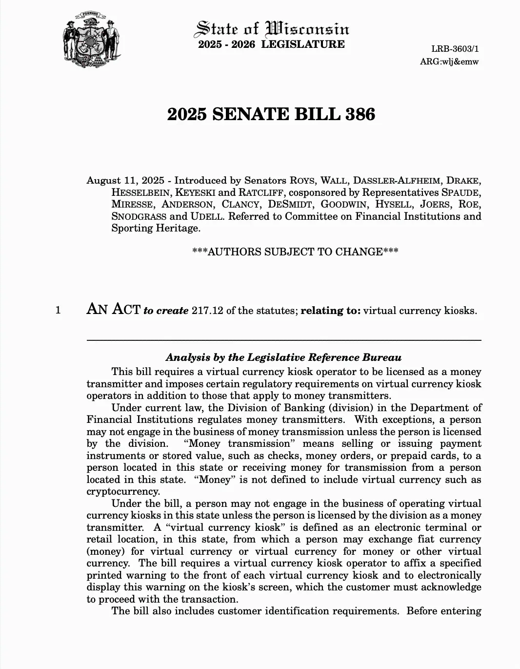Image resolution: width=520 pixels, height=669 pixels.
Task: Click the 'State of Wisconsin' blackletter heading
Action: [x=272, y=29]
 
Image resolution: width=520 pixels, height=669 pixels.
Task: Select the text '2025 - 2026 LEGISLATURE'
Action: [x=271, y=44]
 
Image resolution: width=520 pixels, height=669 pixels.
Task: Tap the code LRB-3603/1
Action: [x=455, y=49]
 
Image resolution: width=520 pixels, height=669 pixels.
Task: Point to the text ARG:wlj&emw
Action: [x=449, y=62]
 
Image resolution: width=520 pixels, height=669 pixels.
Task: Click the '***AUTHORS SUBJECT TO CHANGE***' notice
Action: [x=295, y=252]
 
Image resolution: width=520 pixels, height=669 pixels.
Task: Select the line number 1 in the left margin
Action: [x=59, y=310]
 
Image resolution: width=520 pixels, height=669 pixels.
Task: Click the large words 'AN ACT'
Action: [x=113, y=309]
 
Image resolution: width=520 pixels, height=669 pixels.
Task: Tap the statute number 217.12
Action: [x=207, y=311]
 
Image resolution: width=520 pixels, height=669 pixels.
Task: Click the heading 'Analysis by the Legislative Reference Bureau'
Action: [x=283, y=357]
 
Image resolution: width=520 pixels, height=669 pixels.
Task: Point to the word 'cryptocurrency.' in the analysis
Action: [x=123, y=491]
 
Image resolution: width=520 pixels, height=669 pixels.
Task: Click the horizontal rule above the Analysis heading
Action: [x=284, y=340]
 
